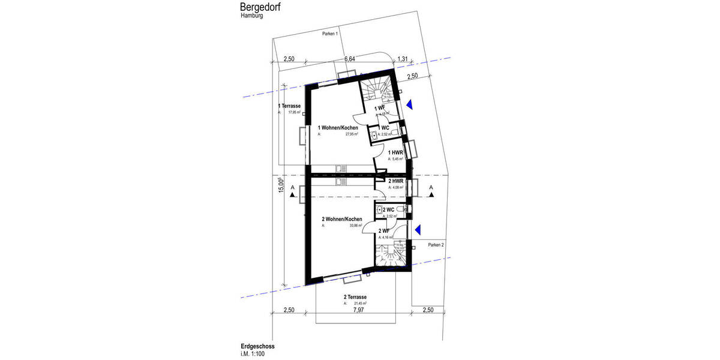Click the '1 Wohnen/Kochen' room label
click(338, 128)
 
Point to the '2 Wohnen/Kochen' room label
click(342, 220)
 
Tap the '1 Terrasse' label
click(289, 106)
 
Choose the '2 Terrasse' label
click(355, 297)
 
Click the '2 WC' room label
click(388, 209)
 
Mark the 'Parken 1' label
click(330, 34)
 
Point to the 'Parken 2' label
click(436, 245)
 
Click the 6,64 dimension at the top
click(350, 59)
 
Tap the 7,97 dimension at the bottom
click(359, 310)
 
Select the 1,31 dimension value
click(403, 59)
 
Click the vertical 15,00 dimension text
click(280, 185)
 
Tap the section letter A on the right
click(431, 187)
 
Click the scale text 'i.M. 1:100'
click(254, 354)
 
